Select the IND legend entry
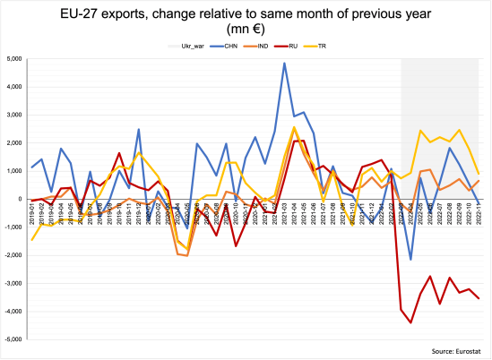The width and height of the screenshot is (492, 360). (254, 45)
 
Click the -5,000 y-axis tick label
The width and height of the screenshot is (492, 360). (12, 339)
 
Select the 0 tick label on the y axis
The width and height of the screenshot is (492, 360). (19, 199)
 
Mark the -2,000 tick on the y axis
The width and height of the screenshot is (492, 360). (12, 255)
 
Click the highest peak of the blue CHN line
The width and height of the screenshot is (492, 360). (285, 64)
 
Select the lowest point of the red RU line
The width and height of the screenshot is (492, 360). (410, 322)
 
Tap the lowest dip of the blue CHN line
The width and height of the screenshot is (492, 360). (410, 260)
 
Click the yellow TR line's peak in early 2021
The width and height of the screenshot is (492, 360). (294, 127)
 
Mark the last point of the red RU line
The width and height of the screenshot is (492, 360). (479, 298)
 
